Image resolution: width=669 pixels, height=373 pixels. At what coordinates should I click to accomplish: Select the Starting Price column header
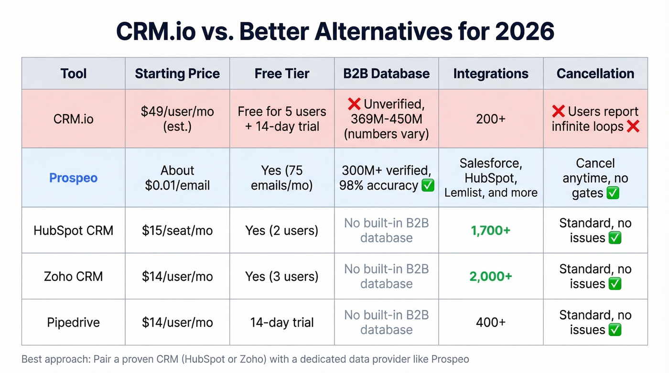(x=177, y=74)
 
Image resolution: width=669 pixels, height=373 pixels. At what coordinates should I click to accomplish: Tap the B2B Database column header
(x=386, y=74)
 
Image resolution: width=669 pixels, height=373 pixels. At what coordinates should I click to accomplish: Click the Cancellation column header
(x=595, y=74)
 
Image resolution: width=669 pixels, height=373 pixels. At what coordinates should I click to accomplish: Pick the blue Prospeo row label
(x=73, y=178)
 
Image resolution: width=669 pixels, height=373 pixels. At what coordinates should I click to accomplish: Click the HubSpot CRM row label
(x=73, y=231)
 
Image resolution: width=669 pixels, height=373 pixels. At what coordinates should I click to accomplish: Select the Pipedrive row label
(x=73, y=322)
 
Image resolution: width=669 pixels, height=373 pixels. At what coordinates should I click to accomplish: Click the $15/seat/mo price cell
(x=177, y=231)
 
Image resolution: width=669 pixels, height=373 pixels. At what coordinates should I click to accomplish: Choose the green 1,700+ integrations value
(x=491, y=231)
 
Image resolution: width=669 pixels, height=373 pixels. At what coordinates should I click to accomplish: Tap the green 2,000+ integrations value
(x=491, y=277)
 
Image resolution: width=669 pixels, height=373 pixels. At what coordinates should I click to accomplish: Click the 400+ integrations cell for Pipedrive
(x=491, y=322)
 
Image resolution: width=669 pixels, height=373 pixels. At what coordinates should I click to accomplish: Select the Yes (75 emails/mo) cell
(x=282, y=178)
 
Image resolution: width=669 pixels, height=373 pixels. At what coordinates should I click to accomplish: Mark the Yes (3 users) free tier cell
(x=282, y=277)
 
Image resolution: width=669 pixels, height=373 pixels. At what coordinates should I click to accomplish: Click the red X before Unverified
(x=354, y=104)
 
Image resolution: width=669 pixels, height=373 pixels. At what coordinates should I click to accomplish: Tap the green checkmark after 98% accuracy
(x=428, y=185)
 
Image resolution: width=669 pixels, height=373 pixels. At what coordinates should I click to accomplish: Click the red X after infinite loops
(x=633, y=127)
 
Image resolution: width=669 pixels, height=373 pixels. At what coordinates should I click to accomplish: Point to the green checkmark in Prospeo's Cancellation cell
(x=613, y=193)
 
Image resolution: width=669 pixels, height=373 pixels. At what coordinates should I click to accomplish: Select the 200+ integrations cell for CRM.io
(x=491, y=118)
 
